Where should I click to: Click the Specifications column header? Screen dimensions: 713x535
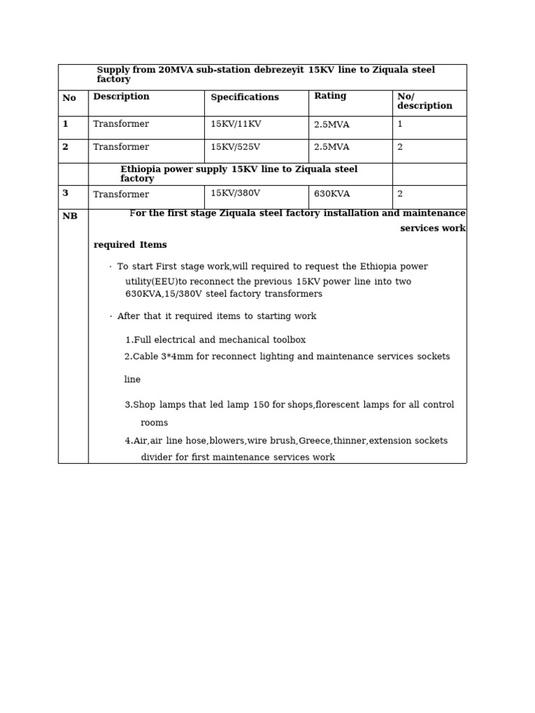245,97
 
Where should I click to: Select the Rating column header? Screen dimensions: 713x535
330,96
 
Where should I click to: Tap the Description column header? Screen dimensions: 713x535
121,97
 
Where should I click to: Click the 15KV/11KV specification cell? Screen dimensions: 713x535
235,124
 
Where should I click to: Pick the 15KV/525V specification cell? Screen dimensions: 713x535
235,148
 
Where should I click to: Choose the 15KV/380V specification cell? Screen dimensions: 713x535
235,194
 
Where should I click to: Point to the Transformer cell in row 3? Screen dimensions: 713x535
121,195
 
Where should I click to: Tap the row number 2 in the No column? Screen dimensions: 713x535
65,148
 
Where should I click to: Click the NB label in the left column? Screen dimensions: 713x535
70,217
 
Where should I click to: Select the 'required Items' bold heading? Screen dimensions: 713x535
130,245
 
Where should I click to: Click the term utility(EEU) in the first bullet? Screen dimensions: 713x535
151,282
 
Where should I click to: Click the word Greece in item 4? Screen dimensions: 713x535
314,441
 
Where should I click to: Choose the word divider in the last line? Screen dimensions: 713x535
157,457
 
